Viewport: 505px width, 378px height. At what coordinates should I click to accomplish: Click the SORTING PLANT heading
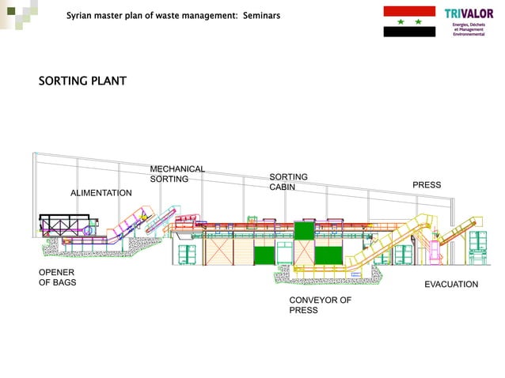tap(82, 81)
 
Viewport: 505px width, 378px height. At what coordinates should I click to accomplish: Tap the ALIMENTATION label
tap(101, 193)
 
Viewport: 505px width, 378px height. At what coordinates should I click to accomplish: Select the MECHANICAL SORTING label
tap(177, 174)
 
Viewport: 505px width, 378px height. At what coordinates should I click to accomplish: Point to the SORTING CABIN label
tap(288, 182)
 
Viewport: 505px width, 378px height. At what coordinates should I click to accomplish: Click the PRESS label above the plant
tap(427, 185)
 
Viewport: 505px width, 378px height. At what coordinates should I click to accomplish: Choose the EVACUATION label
tap(451, 284)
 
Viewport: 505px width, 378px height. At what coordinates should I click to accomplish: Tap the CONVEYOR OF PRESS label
tap(320, 305)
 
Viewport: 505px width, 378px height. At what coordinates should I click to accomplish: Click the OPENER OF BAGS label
tap(58, 278)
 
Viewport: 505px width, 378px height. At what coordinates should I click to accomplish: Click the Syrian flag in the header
tap(408, 21)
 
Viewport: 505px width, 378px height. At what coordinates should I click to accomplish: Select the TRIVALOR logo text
tap(469, 13)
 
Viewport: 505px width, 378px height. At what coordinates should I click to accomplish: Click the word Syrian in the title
tap(81, 15)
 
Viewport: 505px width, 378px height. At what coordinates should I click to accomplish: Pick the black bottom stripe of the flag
tap(408, 32)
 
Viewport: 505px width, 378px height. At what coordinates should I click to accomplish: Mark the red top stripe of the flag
tap(408, 10)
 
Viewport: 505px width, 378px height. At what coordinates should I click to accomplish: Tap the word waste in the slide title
tap(174, 15)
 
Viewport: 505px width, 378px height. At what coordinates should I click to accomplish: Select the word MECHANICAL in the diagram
tap(177, 168)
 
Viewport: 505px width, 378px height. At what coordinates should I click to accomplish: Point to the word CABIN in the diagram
tap(283, 187)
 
